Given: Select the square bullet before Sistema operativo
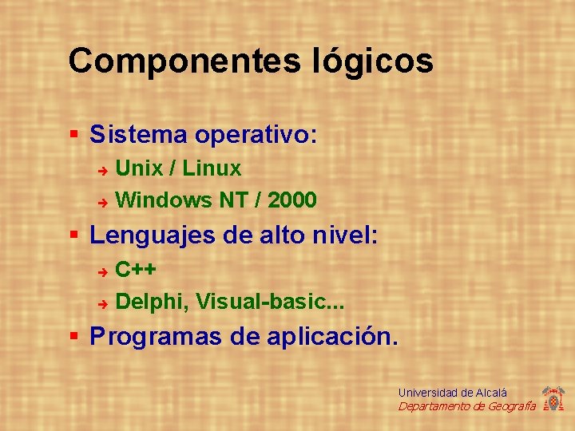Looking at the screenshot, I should (74, 133).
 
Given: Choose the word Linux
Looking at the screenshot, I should (214, 168).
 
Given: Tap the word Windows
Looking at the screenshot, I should (165, 200).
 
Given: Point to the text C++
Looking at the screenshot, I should (136, 270).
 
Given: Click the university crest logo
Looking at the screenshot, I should (553, 398).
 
